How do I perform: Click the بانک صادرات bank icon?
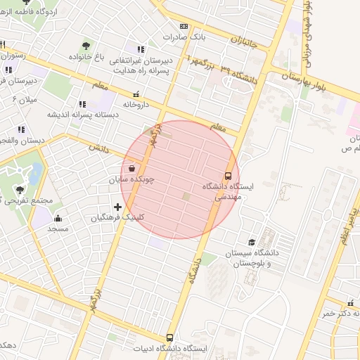184,25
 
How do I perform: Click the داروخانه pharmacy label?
137,104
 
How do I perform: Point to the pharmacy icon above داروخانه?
136,94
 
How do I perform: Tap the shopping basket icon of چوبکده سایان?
132,169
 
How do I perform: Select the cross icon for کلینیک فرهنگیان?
117,207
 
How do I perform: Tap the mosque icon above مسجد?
58,218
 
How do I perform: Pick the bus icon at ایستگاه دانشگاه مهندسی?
228,176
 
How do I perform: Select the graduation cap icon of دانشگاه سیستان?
251,242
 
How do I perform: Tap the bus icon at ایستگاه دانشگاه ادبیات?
169,338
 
